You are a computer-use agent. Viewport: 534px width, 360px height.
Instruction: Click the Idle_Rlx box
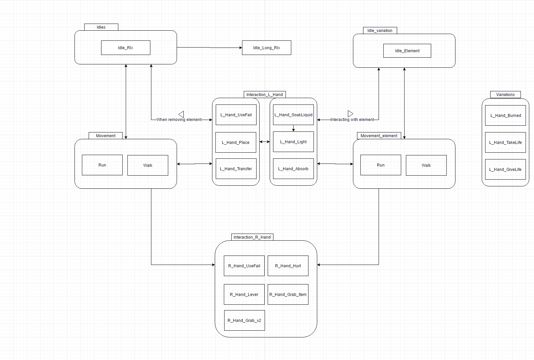[x=125, y=48]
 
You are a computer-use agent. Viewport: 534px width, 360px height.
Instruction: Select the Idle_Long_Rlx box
[x=266, y=48]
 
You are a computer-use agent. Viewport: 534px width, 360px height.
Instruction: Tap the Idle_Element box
[x=407, y=51]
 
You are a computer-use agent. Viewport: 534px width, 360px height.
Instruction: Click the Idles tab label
[x=101, y=27]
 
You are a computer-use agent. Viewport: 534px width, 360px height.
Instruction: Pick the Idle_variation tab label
[x=380, y=31]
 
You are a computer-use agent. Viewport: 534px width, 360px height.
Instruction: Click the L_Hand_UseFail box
[x=236, y=115]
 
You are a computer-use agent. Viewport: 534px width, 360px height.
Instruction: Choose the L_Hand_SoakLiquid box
[x=293, y=115]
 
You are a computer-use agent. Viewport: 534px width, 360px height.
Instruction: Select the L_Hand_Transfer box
[x=236, y=169]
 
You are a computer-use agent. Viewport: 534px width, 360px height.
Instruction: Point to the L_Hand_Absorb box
[x=293, y=169]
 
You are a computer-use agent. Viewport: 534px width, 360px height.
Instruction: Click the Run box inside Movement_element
[x=381, y=165]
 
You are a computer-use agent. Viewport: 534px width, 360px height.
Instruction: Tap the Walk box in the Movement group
[x=148, y=165]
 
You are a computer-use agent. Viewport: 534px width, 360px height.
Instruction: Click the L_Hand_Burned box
[x=505, y=116]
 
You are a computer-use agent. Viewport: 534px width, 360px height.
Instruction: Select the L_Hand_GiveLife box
[x=505, y=169]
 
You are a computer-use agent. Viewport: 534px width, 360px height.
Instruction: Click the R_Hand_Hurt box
[x=288, y=266]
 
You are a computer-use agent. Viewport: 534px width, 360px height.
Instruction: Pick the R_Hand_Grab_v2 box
[x=244, y=320]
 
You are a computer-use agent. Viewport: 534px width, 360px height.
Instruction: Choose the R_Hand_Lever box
[x=244, y=294]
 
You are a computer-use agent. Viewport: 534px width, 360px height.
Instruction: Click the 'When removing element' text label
[x=179, y=120]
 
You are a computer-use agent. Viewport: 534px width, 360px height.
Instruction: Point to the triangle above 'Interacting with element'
[x=350, y=114]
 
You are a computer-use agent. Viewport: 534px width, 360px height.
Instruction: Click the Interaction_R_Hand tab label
[x=252, y=237]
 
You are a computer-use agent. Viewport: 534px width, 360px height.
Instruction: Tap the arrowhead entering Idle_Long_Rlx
[x=240, y=48]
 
